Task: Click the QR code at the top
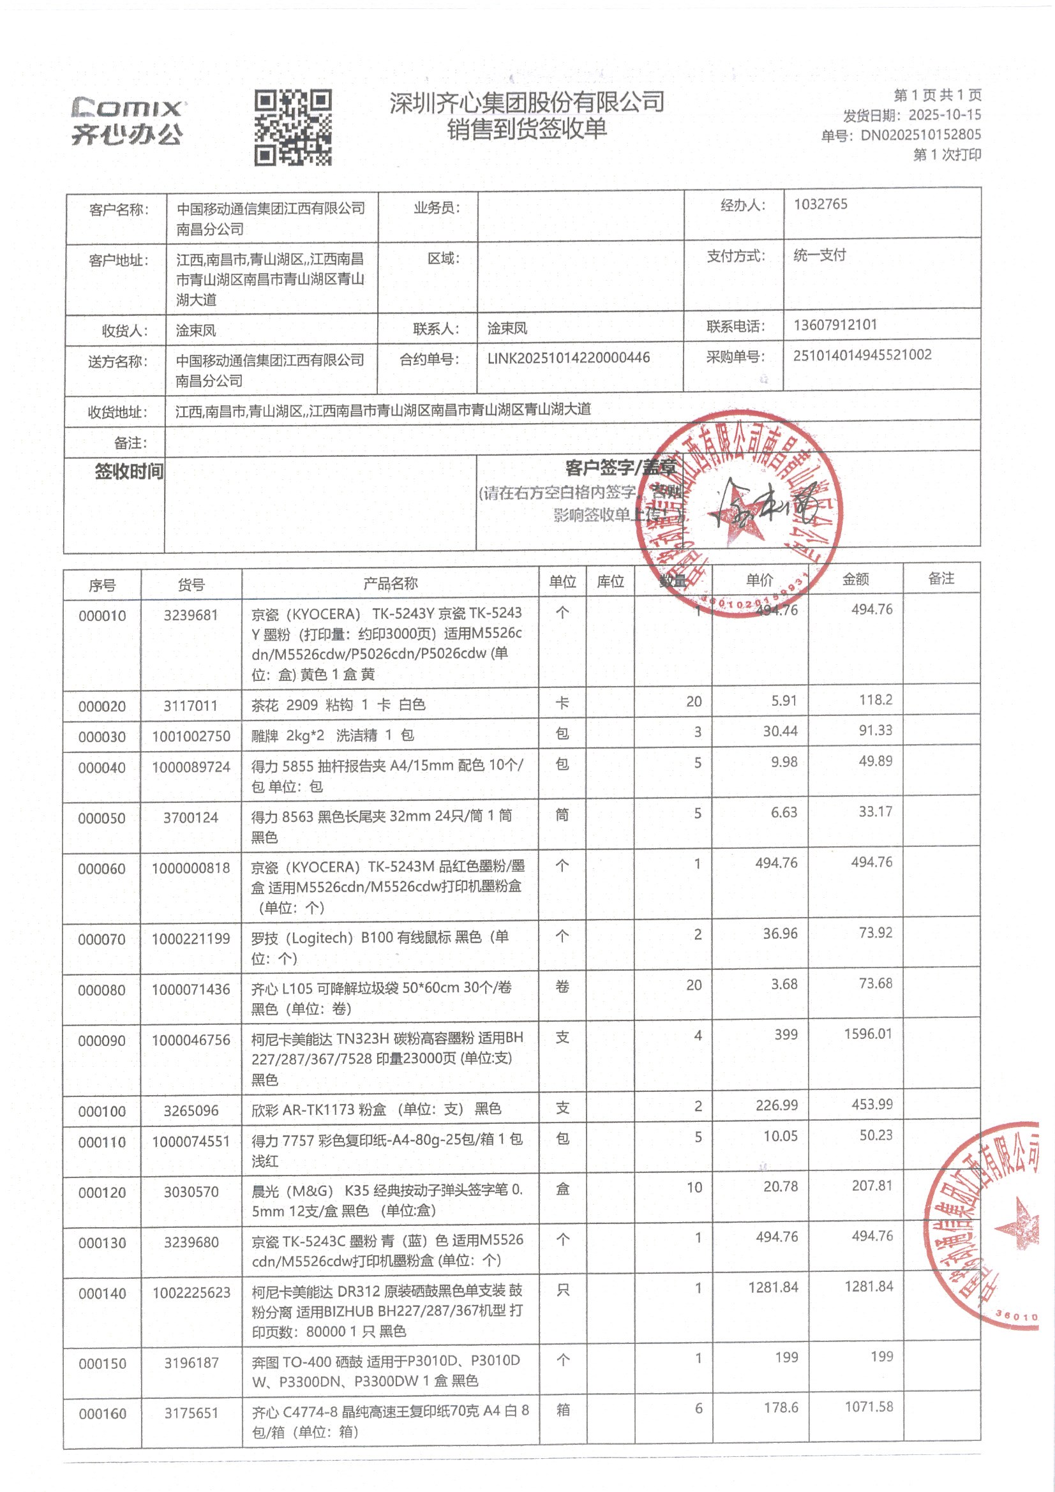point(292,128)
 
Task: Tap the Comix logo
point(128,121)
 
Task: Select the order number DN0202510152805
point(920,135)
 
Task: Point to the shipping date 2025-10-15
point(945,116)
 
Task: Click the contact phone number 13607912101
point(835,325)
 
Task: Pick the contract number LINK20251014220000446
point(568,357)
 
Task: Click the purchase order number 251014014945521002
point(862,355)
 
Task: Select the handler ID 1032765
point(820,204)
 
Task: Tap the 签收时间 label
point(129,471)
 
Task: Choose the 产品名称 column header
point(390,583)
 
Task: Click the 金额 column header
point(855,579)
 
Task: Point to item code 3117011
point(190,705)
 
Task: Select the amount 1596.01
point(868,1033)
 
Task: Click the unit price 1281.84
point(773,1287)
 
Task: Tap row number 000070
point(102,939)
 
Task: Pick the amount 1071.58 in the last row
point(869,1407)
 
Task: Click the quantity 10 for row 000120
point(694,1187)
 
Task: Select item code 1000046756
point(191,1040)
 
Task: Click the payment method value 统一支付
point(819,255)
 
